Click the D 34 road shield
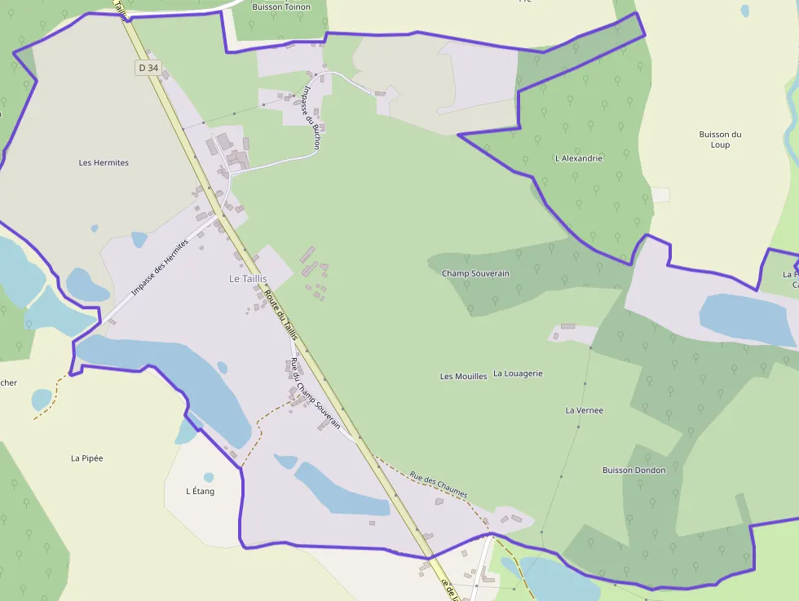pyautogui.click(x=148, y=68)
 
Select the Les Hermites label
pyautogui.click(x=104, y=162)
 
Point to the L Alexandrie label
pyautogui.click(x=578, y=158)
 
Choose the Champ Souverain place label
pyautogui.click(x=475, y=273)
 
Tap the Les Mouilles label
pyautogui.click(x=463, y=376)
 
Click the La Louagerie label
pyautogui.click(x=518, y=373)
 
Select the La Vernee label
pyautogui.click(x=585, y=410)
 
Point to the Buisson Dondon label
pyautogui.click(x=633, y=470)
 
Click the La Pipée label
pyautogui.click(x=86, y=458)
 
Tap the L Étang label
pyautogui.click(x=200, y=491)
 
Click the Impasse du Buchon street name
pyautogui.click(x=313, y=117)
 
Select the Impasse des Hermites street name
pyautogui.click(x=159, y=267)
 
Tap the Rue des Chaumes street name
pyautogui.click(x=439, y=485)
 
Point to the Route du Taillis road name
pyautogui.click(x=281, y=317)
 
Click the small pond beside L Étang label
pyautogui.click(x=209, y=477)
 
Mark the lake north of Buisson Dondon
pyautogui.click(x=746, y=319)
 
